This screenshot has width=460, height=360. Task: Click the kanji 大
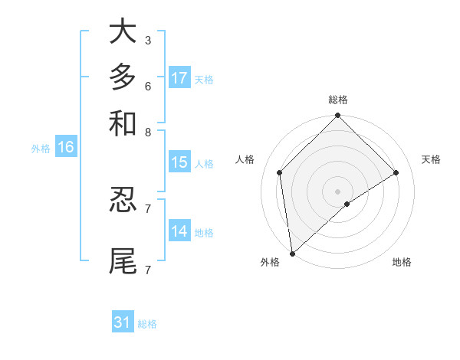123,31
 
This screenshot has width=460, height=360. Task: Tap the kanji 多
123,77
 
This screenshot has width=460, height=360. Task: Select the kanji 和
123,123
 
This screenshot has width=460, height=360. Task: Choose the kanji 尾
123,260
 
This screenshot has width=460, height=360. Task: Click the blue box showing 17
179,78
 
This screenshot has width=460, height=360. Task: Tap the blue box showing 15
179,162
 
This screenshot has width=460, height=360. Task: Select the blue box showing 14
179,231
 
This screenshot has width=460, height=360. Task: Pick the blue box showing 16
66,148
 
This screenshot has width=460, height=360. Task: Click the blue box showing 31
123,322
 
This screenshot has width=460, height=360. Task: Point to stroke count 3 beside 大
147,40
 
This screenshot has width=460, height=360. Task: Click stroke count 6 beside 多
147,86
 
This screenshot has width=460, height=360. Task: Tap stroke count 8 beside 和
147,132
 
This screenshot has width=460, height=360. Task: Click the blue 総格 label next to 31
147,324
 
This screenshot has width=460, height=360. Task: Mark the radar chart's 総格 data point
337,116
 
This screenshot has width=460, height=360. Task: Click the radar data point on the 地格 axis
347,204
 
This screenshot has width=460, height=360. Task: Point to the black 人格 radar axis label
245,159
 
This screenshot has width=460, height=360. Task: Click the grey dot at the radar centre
337,191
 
